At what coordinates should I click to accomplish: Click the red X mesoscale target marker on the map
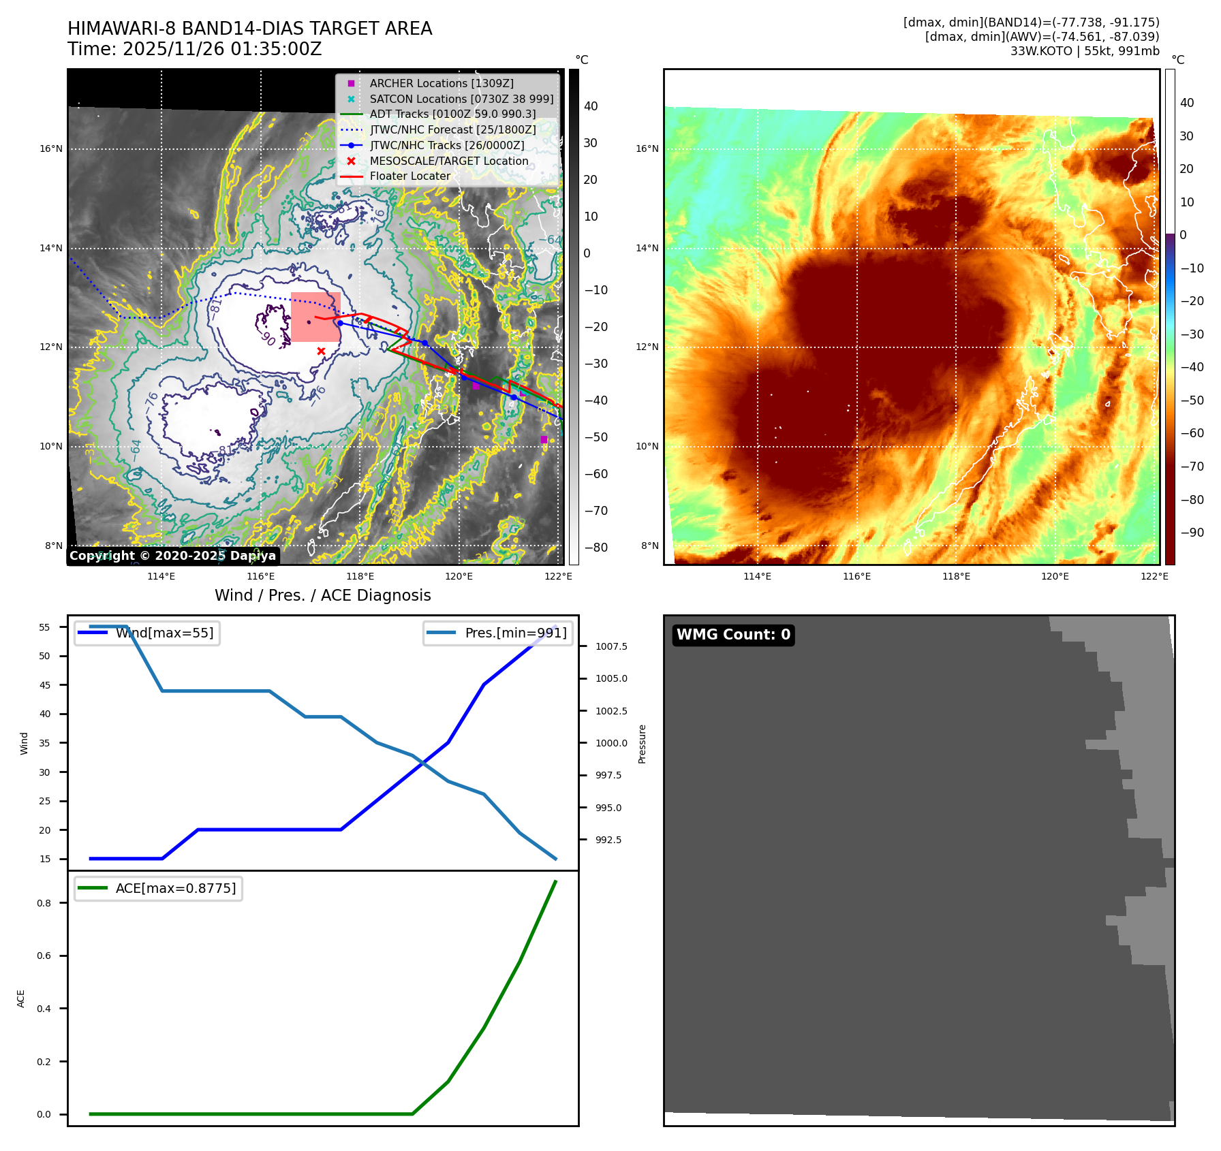click(321, 351)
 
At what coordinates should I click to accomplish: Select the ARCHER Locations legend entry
click(441, 83)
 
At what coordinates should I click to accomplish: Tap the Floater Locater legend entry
click(409, 176)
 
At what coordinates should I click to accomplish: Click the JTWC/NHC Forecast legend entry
click(452, 129)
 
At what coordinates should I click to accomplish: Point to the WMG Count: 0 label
click(733, 635)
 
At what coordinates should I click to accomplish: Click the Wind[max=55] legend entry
click(164, 633)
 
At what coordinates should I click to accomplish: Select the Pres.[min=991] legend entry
click(515, 633)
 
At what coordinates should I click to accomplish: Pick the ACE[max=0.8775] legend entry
click(175, 888)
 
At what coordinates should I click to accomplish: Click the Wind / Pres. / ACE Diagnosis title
click(323, 595)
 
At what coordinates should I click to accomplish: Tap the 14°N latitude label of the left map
click(50, 248)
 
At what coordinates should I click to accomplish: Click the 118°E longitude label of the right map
click(956, 576)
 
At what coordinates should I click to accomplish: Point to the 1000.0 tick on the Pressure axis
click(611, 743)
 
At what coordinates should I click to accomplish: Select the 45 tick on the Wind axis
click(45, 685)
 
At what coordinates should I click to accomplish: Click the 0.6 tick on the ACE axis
click(44, 956)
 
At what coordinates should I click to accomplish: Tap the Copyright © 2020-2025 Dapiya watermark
click(172, 556)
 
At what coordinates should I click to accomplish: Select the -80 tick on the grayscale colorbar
click(596, 548)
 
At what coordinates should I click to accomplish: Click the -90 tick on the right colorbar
click(1192, 533)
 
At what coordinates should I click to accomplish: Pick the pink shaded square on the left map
click(315, 317)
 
